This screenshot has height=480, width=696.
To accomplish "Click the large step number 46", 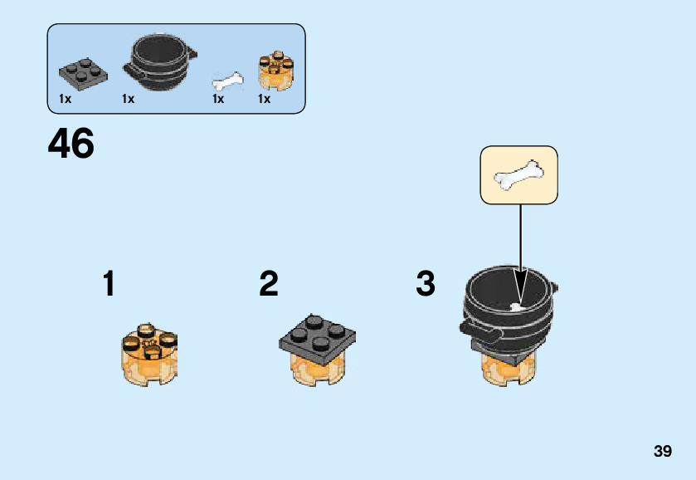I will tap(71, 144).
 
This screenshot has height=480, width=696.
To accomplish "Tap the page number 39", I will tap(662, 452).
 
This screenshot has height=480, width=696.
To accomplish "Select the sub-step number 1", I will tap(109, 284).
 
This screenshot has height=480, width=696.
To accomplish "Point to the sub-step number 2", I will tap(268, 284).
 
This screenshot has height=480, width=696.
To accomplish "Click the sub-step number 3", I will tap(425, 284).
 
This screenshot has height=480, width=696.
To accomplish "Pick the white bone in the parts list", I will tap(228, 81).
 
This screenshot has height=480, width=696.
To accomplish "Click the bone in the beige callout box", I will tap(519, 174).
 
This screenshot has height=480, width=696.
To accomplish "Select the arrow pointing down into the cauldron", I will tap(520, 249).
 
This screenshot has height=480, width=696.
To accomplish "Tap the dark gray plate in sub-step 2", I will tap(319, 336).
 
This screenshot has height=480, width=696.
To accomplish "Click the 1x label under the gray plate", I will tap(66, 99).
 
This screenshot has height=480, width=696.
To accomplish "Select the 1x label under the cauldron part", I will tap(128, 99).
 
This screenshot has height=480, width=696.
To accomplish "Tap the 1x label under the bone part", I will tap(218, 99).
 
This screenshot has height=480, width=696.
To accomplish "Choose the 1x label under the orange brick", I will tap(264, 99).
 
